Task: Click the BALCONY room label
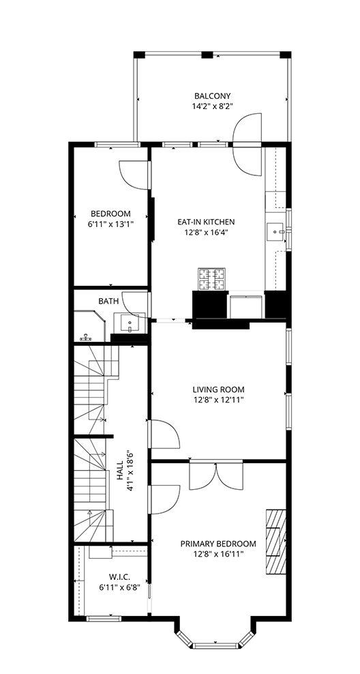(x=212, y=96)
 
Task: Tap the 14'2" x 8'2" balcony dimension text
(x=212, y=106)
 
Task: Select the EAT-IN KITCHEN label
(x=206, y=222)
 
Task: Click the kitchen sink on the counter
(x=275, y=232)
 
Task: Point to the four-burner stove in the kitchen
(x=212, y=279)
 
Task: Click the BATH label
(x=108, y=302)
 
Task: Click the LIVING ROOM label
(x=218, y=390)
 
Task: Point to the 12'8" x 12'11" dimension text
(x=218, y=400)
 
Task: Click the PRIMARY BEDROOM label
(x=218, y=544)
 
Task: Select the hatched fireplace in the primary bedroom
(x=276, y=542)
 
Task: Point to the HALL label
(x=120, y=471)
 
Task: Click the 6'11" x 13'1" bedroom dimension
(x=111, y=224)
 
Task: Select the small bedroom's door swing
(x=134, y=175)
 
